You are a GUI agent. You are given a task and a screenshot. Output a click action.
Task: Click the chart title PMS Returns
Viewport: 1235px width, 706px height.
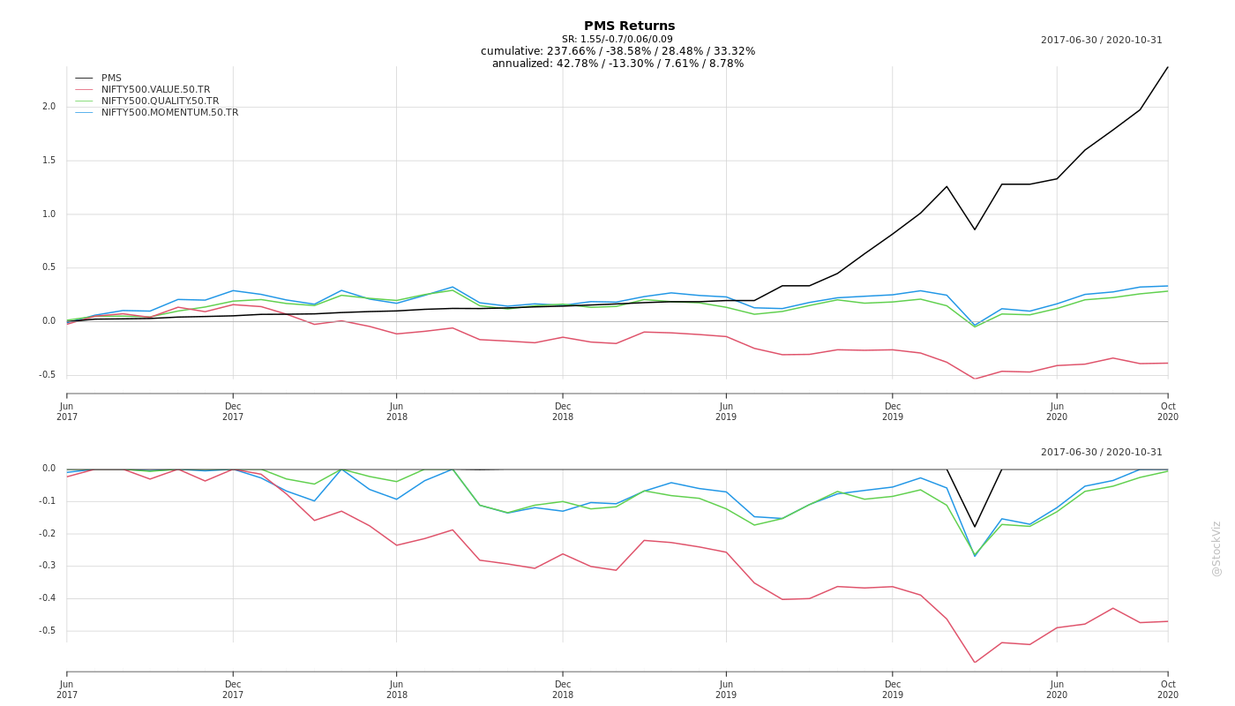coord(629,26)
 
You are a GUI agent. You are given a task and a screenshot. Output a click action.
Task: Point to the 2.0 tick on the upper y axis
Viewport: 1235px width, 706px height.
coord(49,107)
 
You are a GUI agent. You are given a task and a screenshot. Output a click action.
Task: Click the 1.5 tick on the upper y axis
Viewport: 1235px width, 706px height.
coord(49,161)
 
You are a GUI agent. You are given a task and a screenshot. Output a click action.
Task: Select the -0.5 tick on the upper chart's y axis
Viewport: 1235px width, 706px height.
coord(48,375)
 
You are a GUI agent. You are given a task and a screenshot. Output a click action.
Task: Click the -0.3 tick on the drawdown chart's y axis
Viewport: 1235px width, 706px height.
coord(48,566)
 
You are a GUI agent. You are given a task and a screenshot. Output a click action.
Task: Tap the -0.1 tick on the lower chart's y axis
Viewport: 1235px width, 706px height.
coord(48,501)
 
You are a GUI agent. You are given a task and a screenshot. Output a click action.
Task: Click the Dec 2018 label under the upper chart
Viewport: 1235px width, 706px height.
coord(563,411)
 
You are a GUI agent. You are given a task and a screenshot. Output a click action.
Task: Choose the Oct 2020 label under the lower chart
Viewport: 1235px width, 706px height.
coord(1168,690)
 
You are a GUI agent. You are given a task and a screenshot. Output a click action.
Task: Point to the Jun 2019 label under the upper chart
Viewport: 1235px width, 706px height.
coord(726,411)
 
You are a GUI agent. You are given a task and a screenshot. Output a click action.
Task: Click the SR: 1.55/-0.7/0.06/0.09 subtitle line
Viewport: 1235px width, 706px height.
coord(617,39)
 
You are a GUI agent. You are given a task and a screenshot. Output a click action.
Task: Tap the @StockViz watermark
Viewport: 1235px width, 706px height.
coord(1216,549)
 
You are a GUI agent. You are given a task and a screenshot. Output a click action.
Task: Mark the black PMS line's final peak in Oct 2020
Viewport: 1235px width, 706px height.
coord(1168,67)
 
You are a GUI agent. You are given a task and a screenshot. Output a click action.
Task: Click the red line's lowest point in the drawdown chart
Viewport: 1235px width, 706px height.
coord(975,663)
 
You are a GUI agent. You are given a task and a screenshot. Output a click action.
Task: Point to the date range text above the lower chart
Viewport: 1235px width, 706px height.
coord(1102,452)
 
